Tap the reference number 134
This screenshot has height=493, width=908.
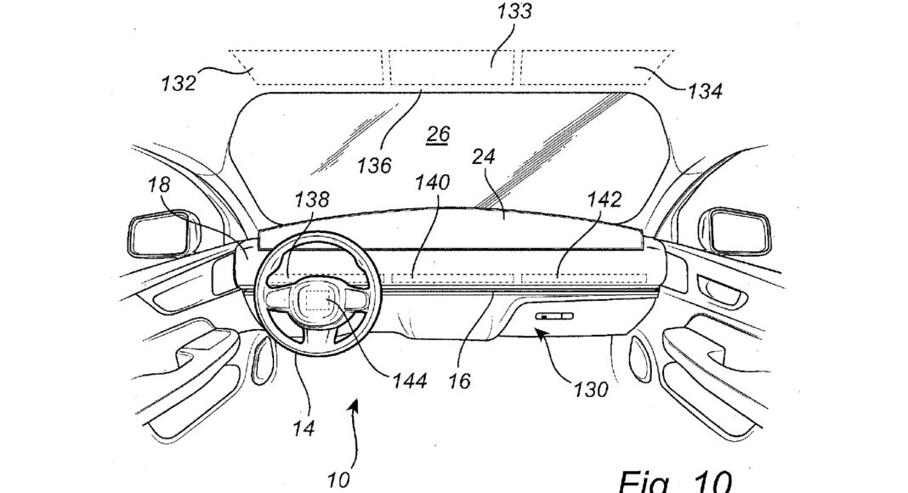[706, 91]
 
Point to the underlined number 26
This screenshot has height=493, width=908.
[439, 134]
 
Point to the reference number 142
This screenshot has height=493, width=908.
[604, 200]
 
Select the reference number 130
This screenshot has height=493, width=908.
[591, 389]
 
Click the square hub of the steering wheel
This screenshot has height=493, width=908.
[315, 302]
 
